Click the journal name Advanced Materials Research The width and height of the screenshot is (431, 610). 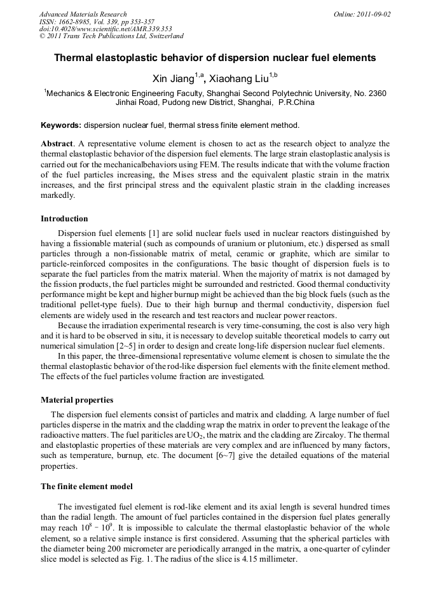click(83, 14)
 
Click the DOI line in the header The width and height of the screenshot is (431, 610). click(106, 29)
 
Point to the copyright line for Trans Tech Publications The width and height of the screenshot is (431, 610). click(111, 36)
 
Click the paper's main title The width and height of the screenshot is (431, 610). click(215, 58)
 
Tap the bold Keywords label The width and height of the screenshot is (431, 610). click(61, 125)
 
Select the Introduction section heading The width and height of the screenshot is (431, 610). click(64, 219)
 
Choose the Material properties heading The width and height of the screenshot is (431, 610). click(77, 400)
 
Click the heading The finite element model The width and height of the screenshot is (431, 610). click(86, 487)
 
